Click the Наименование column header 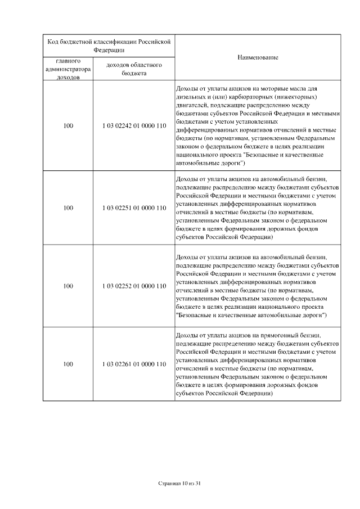point(258,57)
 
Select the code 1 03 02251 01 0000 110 point(134,208)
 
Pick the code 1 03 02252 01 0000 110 point(134,286)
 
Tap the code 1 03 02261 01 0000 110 point(134,364)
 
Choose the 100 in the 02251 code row point(68,208)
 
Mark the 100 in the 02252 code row point(68,286)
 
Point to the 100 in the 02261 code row point(68,364)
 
